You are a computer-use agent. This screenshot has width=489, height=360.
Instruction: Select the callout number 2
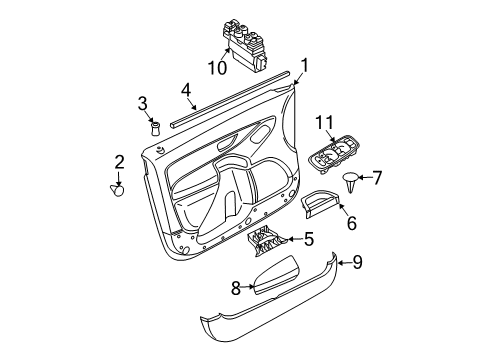tap(119, 162)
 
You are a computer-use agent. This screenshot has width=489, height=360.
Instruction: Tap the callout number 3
tap(144, 103)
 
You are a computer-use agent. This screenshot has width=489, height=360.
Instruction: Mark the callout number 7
tap(376, 178)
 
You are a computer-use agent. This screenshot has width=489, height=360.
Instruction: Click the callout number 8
tap(236, 288)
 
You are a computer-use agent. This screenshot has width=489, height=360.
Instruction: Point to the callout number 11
tap(325, 123)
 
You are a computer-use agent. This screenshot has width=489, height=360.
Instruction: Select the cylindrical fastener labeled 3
tap(155, 127)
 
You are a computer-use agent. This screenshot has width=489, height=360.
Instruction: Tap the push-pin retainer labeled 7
tap(350, 182)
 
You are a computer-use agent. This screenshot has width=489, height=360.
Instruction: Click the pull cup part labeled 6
tap(318, 204)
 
